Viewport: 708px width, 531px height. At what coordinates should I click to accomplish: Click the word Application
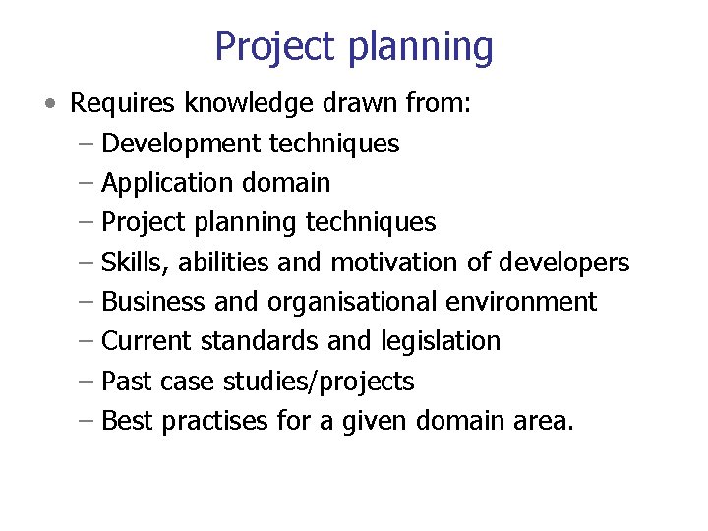163,183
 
